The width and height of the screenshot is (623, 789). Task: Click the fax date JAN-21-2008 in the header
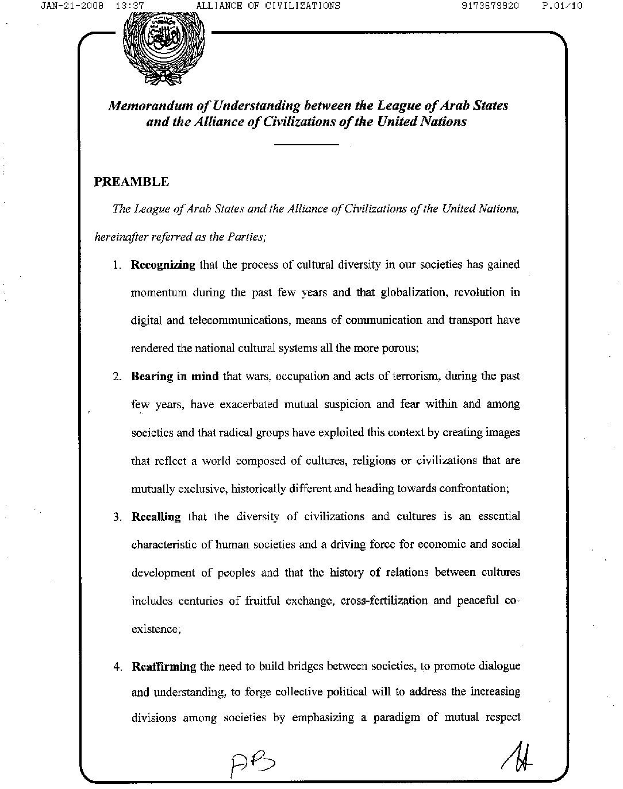coord(73,6)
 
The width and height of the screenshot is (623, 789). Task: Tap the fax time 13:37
coord(129,6)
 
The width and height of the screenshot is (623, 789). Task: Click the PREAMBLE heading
coord(132,182)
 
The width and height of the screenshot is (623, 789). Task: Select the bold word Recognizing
coord(163,265)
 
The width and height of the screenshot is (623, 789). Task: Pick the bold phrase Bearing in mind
coord(175,377)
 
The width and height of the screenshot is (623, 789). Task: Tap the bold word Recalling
coord(156,517)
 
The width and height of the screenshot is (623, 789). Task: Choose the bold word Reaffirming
coord(164,667)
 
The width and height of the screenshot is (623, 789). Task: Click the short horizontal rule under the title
coord(306,144)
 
